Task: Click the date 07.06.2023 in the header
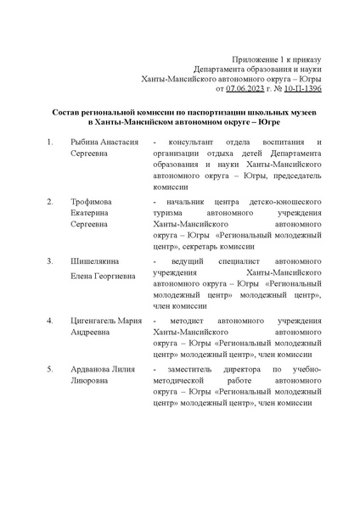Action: [x=247, y=87]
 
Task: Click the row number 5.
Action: [x=52, y=370]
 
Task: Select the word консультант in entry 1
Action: [x=188, y=142]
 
